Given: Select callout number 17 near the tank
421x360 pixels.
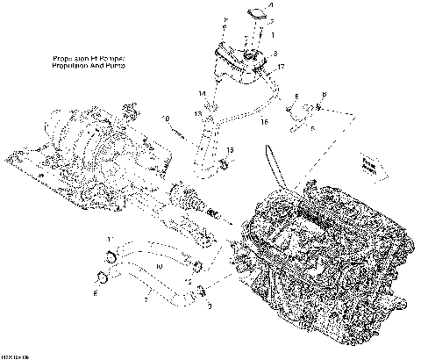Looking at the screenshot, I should (x=281, y=68).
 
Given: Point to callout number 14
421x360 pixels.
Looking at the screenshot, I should (x=200, y=92).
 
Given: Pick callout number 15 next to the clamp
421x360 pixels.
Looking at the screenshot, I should (x=230, y=151).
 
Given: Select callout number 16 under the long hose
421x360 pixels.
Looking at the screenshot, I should (x=262, y=123).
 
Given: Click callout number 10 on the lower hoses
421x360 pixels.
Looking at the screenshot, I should (x=159, y=266).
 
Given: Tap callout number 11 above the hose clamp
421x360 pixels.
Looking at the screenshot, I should (x=109, y=239).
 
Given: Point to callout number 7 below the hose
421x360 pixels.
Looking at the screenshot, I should (x=146, y=299).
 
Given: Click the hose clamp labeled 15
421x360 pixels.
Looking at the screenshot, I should (x=217, y=159).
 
